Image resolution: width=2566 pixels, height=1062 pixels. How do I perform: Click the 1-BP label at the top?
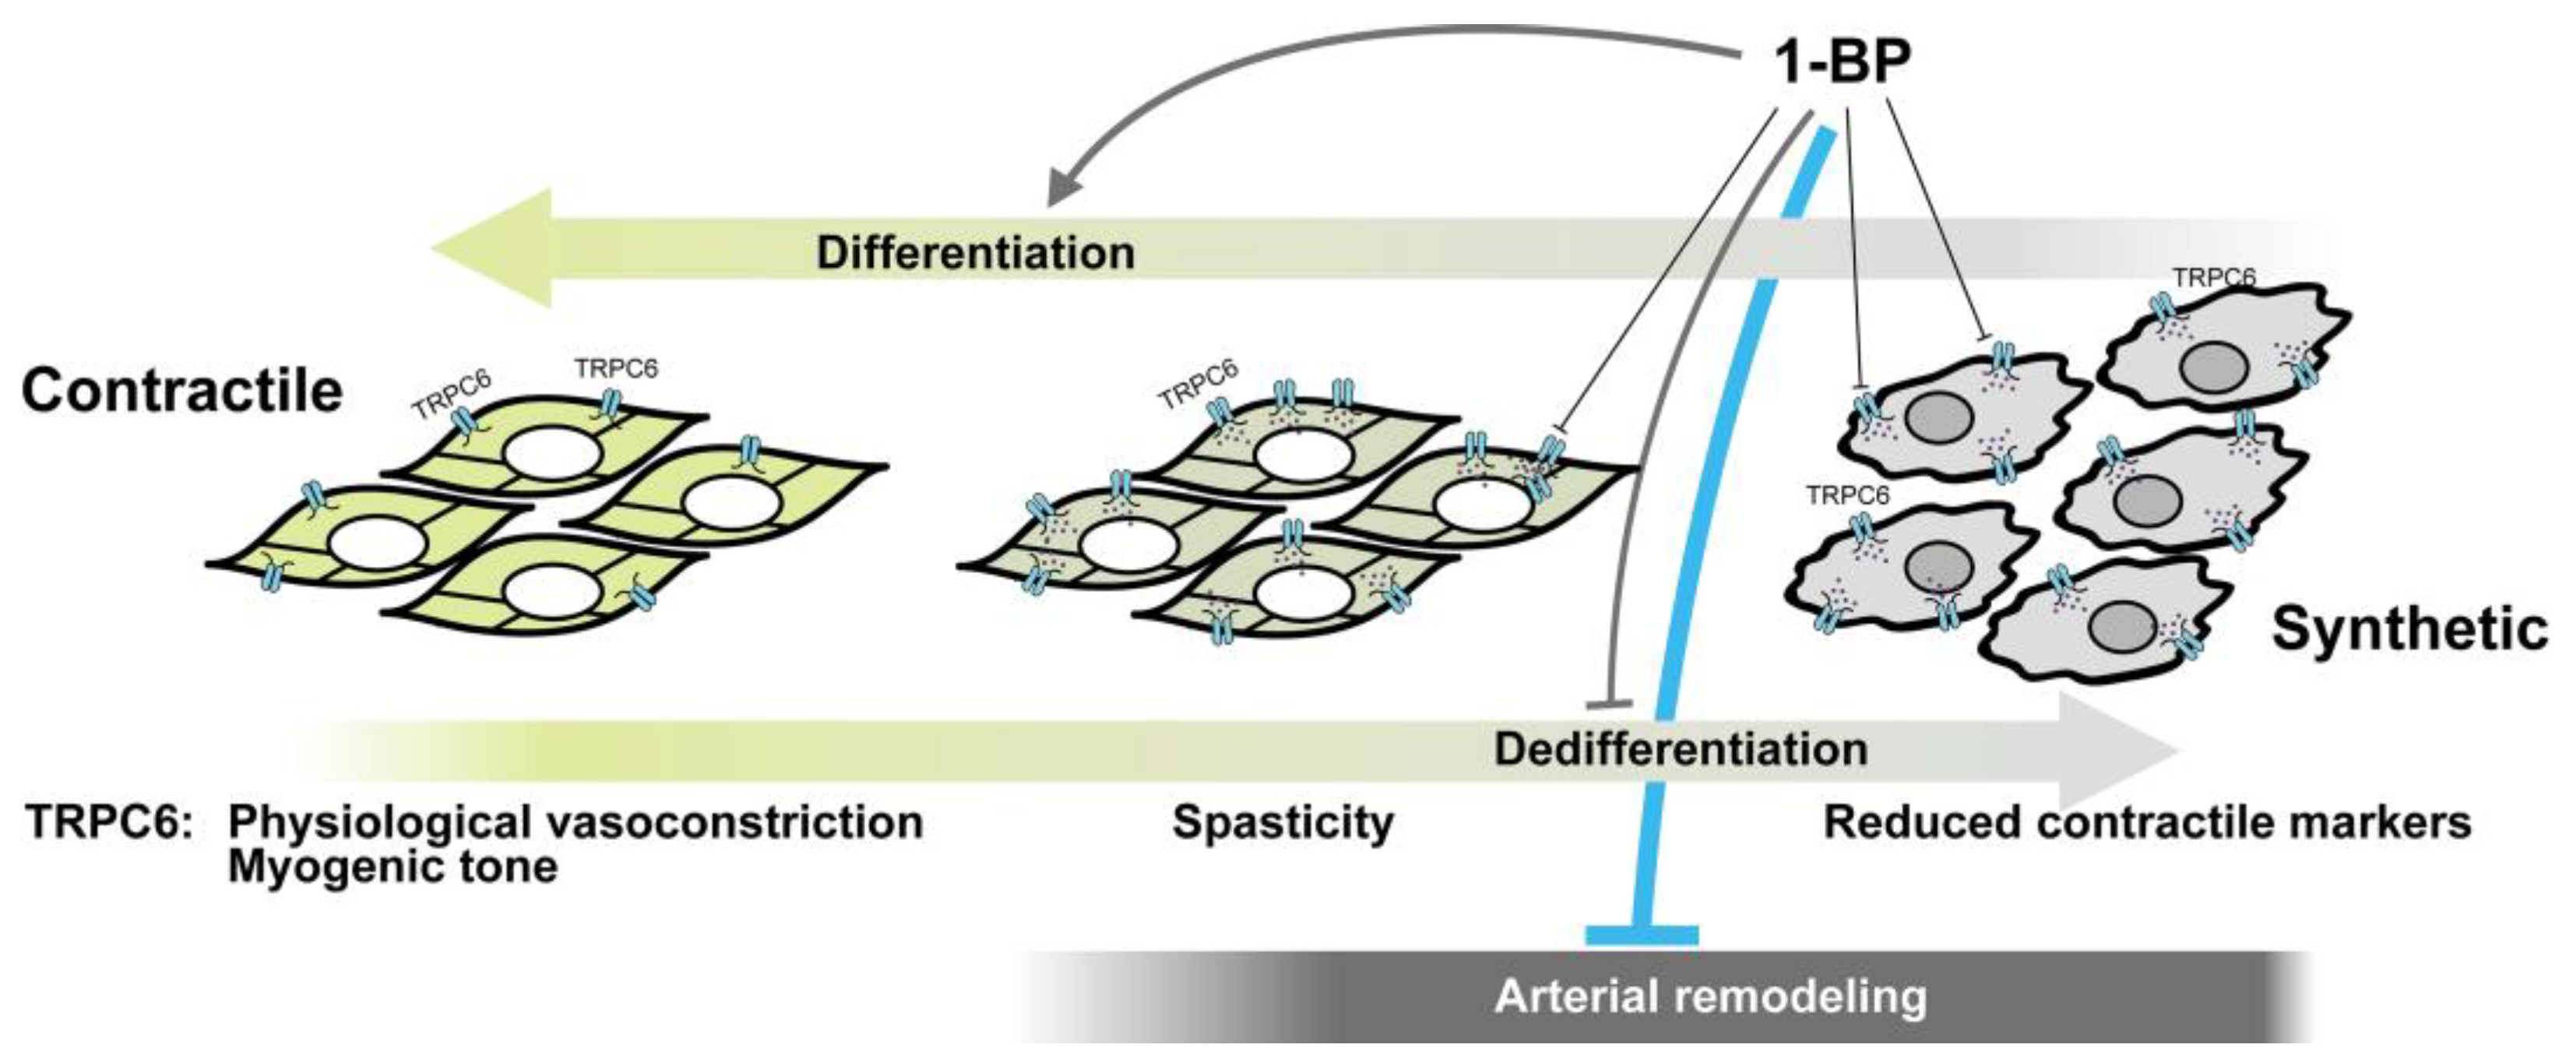(1843, 62)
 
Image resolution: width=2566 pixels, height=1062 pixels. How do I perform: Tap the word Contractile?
(182, 391)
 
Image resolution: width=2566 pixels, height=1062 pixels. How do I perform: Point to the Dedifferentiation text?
(1681, 749)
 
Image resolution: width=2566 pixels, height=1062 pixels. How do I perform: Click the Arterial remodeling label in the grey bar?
(1710, 997)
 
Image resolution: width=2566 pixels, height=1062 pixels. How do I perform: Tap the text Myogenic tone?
(392, 867)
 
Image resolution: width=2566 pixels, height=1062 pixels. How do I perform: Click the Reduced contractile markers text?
(2146, 823)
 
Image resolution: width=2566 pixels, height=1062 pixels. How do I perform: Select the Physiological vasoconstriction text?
(576, 823)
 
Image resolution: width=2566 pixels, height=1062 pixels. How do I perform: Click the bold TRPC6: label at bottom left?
(108, 823)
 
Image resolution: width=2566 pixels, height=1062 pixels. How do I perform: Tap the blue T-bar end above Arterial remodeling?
(1642, 934)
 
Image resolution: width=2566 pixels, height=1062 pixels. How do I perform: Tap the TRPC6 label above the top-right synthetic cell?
(2213, 277)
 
